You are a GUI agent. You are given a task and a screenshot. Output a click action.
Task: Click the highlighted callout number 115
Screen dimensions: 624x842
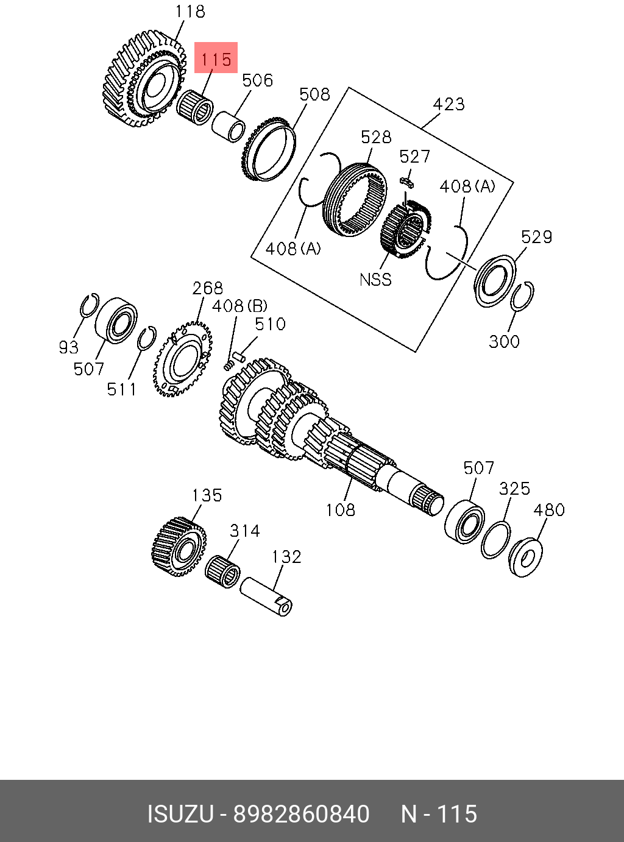pos(216,60)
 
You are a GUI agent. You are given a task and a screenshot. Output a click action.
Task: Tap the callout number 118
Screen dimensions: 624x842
pos(190,12)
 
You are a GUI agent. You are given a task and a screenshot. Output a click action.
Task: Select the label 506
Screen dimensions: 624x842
pos(258,80)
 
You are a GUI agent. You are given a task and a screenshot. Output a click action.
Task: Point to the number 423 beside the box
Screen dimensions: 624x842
pos(449,104)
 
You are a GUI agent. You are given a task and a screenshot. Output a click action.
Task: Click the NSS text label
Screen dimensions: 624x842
pos(375,280)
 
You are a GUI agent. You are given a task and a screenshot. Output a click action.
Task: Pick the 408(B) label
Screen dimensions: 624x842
pos(239,306)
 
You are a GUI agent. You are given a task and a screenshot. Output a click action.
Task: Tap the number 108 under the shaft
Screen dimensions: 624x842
pos(341,510)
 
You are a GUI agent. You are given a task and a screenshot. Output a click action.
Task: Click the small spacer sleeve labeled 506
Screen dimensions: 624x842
pos(229,126)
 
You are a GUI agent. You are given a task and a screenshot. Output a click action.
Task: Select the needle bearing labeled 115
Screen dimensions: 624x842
pos(195,108)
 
